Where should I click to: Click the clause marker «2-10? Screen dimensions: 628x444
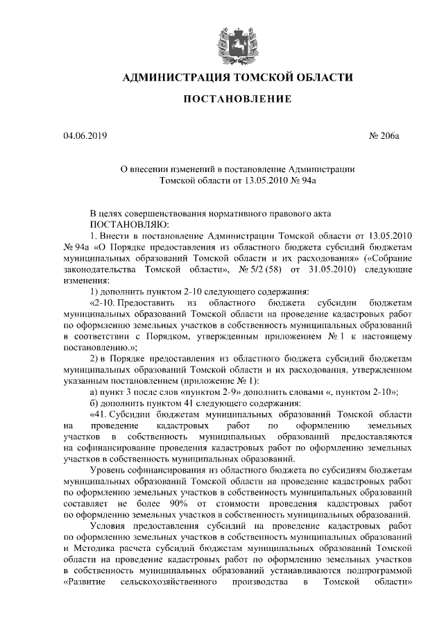tap(103, 303)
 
